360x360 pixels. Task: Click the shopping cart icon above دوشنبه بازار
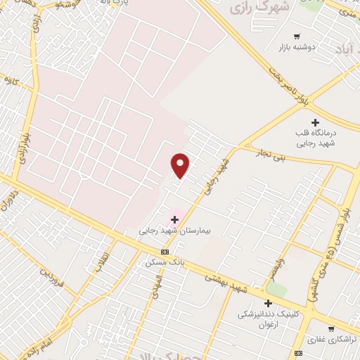click(x=297, y=37)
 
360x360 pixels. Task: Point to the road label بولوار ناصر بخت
click(x=291, y=82)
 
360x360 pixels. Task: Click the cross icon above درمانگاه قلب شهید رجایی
click(x=315, y=122)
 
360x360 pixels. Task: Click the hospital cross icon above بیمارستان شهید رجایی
click(x=174, y=220)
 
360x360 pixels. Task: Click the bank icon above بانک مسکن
click(x=165, y=252)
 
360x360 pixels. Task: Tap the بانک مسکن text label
click(x=165, y=262)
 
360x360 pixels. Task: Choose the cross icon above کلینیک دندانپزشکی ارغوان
click(x=268, y=303)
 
